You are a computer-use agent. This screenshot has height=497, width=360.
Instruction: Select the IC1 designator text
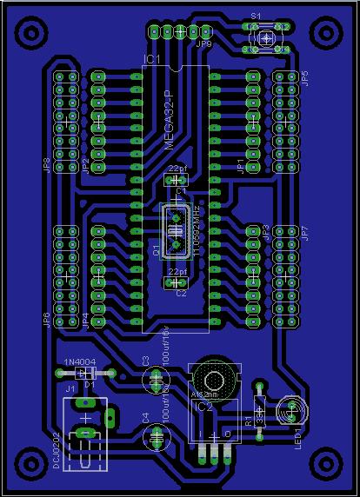click(151, 59)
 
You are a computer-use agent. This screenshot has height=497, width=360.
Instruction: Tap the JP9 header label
click(203, 43)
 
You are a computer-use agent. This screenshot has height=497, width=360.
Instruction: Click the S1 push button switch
click(267, 37)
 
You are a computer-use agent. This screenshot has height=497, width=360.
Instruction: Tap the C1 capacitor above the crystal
click(177, 180)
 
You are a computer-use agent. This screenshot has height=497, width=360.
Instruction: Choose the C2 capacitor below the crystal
click(177, 282)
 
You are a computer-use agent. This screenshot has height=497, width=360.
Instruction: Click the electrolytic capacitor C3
click(154, 379)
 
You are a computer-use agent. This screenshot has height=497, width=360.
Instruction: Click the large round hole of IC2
click(212, 377)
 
